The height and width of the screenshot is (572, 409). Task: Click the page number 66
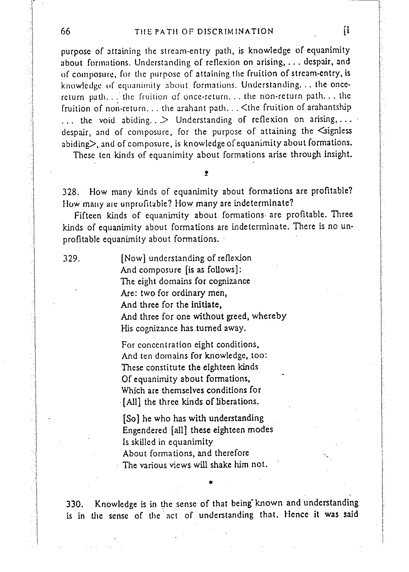click(x=65, y=31)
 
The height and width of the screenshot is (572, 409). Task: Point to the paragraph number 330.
click(x=75, y=503)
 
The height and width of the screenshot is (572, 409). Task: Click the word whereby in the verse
click(x=269, y=316)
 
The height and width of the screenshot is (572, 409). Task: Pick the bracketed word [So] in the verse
click(x=131, y=418)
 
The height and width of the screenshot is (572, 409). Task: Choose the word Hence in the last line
click(x=296, y=515)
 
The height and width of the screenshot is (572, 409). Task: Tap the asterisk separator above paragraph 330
click(x=210, y=481)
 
